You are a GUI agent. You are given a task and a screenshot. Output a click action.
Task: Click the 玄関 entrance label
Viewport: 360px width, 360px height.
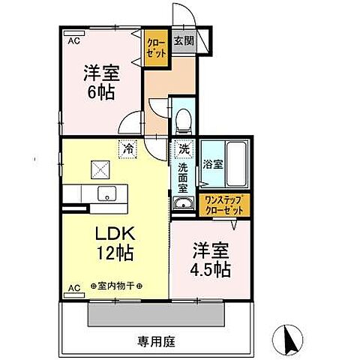[x=184, y=41]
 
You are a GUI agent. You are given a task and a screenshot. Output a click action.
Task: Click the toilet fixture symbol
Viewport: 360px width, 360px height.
[x=182, y=121]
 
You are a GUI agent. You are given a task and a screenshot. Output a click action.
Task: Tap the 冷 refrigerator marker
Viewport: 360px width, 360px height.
[x=129, y=149]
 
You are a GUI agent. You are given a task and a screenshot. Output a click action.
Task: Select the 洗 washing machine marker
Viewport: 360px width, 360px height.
[x=183, y=148]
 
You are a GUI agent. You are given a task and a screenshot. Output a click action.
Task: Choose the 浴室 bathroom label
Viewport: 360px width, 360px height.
[x=211, y=163]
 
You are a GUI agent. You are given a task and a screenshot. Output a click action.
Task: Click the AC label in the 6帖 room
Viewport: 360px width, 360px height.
[x=73, y=42]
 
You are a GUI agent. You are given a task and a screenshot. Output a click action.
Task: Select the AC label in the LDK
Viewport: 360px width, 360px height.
[x=73, y=287]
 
